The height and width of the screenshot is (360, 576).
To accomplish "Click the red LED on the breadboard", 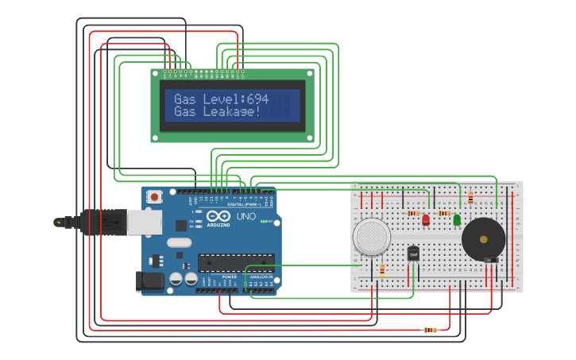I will tap(426, 219).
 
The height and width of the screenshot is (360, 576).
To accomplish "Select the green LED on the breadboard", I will tap(457, 219).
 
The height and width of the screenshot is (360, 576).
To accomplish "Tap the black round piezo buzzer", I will tap(483, 238).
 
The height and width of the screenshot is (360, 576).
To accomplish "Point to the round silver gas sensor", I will tap(372, 236).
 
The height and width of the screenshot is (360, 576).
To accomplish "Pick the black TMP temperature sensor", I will tap(413, 253).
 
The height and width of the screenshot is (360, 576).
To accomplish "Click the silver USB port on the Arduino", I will tap(145, 223).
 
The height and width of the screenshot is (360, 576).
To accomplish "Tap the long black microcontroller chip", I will tap(236, 262).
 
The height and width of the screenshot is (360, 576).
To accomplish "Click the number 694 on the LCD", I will tap(257, 99).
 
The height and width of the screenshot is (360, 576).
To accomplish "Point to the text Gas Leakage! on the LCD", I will tap(218, 112).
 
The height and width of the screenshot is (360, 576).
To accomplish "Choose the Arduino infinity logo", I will tap(218, 216).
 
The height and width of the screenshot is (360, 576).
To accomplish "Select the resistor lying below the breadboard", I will tap(430, 330).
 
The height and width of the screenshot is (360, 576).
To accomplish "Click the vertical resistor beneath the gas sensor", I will tap(382, 270).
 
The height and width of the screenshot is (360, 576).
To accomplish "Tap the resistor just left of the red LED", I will tap(413, 213).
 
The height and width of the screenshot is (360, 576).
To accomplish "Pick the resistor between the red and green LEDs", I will tap(444, 213).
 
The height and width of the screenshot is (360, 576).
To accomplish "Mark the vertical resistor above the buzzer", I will tap(470, 198).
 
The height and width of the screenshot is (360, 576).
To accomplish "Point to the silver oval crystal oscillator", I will tap(180, 242).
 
